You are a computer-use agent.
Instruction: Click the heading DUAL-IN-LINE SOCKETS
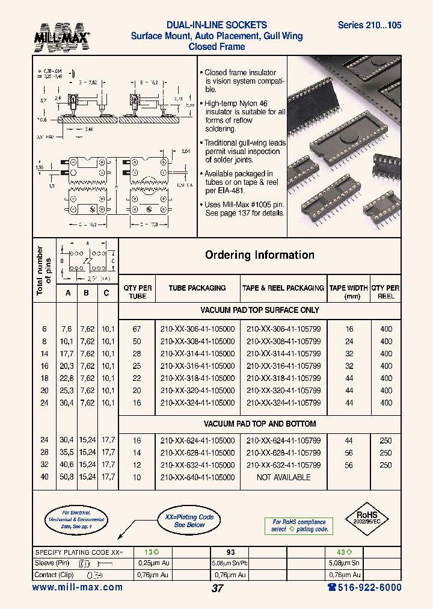click(x=216, y=25)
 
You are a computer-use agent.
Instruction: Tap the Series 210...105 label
click(x=369, y=25)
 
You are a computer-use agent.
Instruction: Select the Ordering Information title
click(x=259, y=255)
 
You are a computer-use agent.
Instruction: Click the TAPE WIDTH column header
click(x=348, y=292)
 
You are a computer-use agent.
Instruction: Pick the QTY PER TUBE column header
click(x=137, y=292)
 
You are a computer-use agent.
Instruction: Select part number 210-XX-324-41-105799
click(x=283, y=403)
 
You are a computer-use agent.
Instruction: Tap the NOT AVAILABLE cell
click(x=283, y=477)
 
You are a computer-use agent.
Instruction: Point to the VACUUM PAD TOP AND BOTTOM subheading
click(x=259, y=424)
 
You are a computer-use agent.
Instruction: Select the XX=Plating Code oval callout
click(x=189, y=521)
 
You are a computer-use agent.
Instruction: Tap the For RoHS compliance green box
click(x=299, y=526)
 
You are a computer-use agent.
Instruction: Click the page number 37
click(x=217, y=589)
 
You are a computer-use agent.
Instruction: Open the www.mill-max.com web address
click(x=77, y=587)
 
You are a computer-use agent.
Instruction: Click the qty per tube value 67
click(x=137, y=329)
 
